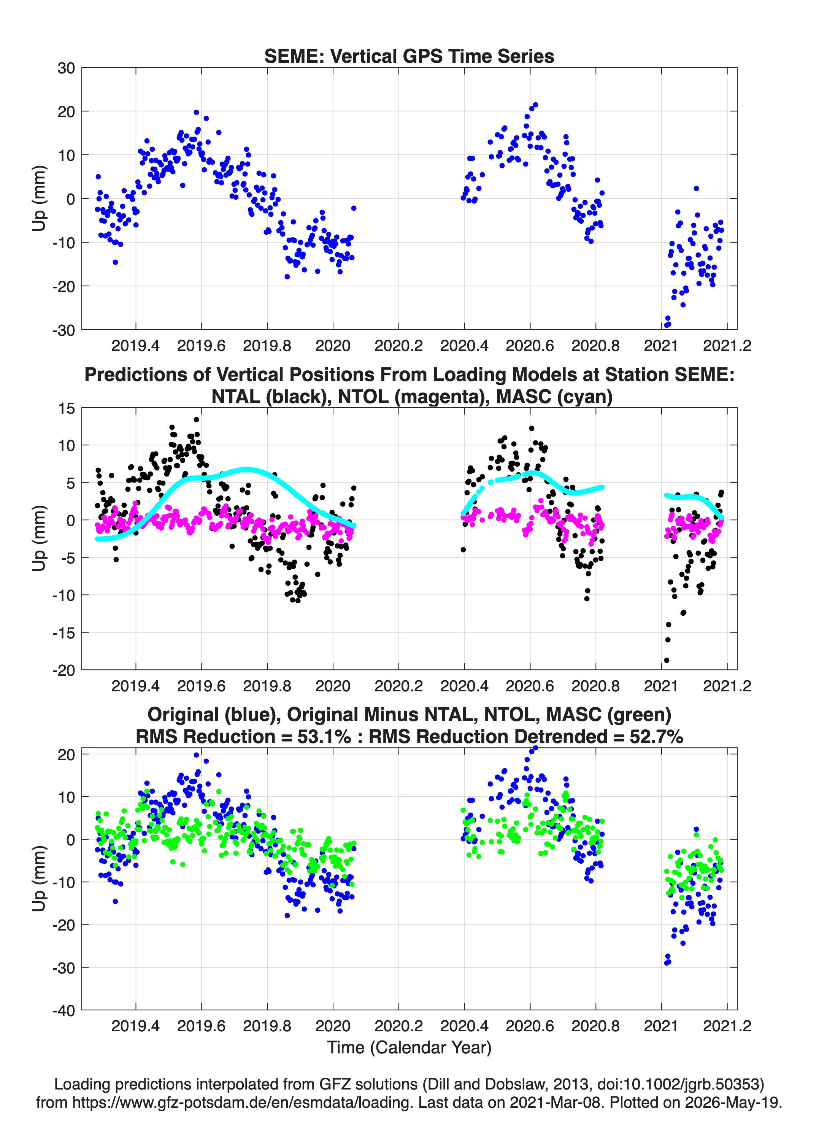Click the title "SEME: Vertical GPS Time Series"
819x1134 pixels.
[x=409, y=56]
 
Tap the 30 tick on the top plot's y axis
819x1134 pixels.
[x=66, y=68]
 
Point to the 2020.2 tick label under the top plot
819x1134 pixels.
[x=398, y=346]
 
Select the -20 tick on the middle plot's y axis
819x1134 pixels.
[x=63, y=670]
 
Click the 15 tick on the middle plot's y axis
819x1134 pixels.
[x=67, y=408]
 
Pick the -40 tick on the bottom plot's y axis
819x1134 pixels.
[x=63, y=1010]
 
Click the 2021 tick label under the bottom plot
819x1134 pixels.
[x=661, y=1026]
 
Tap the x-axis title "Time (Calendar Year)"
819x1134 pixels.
[x=409, y=1048]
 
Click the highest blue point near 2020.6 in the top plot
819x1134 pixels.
[x=535, y=105]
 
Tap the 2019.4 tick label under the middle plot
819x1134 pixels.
[x=135, y=686]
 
